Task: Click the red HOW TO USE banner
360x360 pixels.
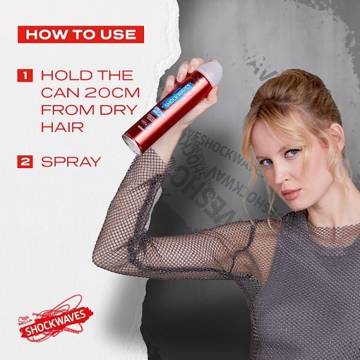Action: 81,34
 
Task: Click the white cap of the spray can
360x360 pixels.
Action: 211,71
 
